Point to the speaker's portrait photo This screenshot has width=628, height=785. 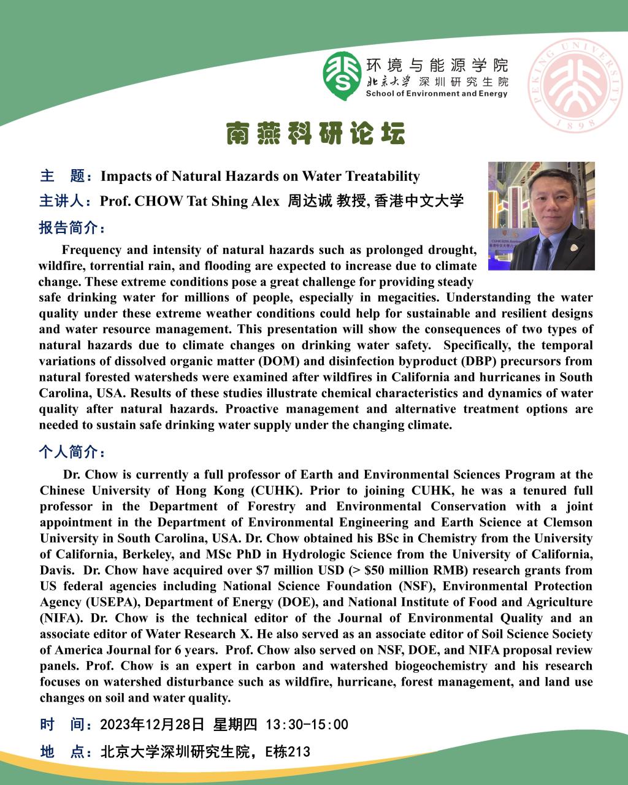pos(541,216)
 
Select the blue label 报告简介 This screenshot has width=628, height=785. pos(72,228)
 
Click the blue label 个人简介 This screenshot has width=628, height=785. pos(72,453)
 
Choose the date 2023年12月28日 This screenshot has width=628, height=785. pos(152,725)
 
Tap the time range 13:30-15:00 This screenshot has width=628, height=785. pos(307,725)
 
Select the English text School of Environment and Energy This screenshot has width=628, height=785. pos(436,94)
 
